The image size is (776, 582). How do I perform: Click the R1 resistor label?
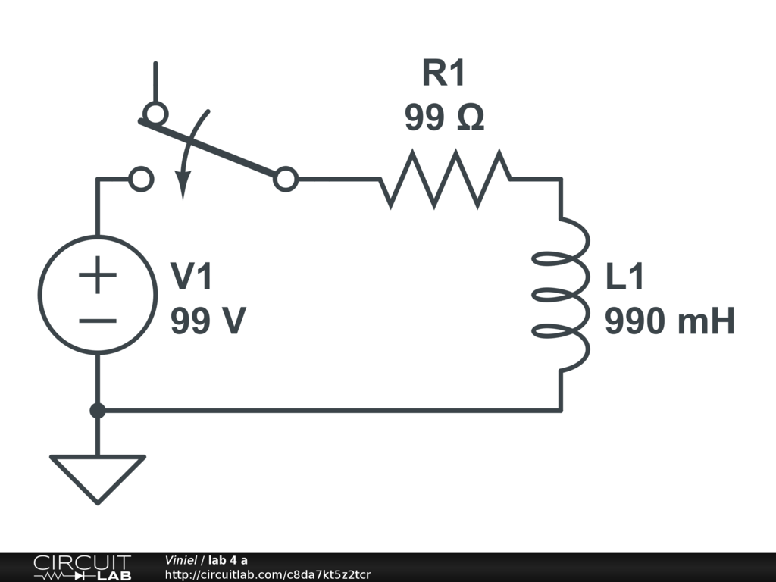(443, 74)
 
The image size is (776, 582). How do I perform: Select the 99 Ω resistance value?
(444, 118)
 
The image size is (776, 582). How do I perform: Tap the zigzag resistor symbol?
(446, 179)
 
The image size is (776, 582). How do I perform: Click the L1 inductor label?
(624, 277)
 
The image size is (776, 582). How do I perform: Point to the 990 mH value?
(670, 323)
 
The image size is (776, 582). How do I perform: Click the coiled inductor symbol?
(562, 296)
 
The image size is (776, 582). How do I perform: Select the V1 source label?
(192, 277)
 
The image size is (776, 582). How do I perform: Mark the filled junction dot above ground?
(98, 411)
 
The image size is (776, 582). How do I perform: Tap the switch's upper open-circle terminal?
(155, 113)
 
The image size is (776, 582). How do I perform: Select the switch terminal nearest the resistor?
(286, 180)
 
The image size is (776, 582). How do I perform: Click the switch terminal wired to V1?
(142, 180)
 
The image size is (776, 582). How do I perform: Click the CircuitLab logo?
(82, 568)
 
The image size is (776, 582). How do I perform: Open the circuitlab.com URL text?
(268, 574)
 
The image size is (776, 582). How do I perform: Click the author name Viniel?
(181, 560)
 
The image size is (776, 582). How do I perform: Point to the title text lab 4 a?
(228, 560)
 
